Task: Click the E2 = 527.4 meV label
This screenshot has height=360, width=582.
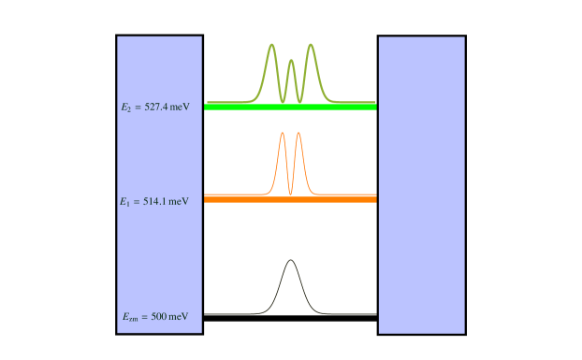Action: tap(155, 108)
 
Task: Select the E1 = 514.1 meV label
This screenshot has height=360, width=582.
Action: tap(154, 201)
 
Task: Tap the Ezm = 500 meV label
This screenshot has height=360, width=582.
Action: tap(155, 317)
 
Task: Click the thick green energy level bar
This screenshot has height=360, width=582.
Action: tap(290, 107)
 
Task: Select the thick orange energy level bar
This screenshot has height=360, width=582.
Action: tap(290, 199)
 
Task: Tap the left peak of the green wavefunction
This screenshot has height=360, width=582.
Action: tap(271, 45)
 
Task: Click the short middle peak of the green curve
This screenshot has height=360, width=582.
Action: tap(291, 61)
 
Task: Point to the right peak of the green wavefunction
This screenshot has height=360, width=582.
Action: tap(311, 45)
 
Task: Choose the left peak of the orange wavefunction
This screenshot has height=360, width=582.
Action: tap(283, 133)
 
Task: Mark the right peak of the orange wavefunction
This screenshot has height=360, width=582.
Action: tap(298, 133)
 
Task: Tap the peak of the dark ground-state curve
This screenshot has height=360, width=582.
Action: tap(290, 260)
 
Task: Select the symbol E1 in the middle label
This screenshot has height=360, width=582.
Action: tap(125, 202)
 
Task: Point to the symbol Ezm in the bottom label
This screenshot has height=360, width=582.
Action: tap(130, 318)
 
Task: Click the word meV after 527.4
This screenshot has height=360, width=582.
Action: tap(180, 108)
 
